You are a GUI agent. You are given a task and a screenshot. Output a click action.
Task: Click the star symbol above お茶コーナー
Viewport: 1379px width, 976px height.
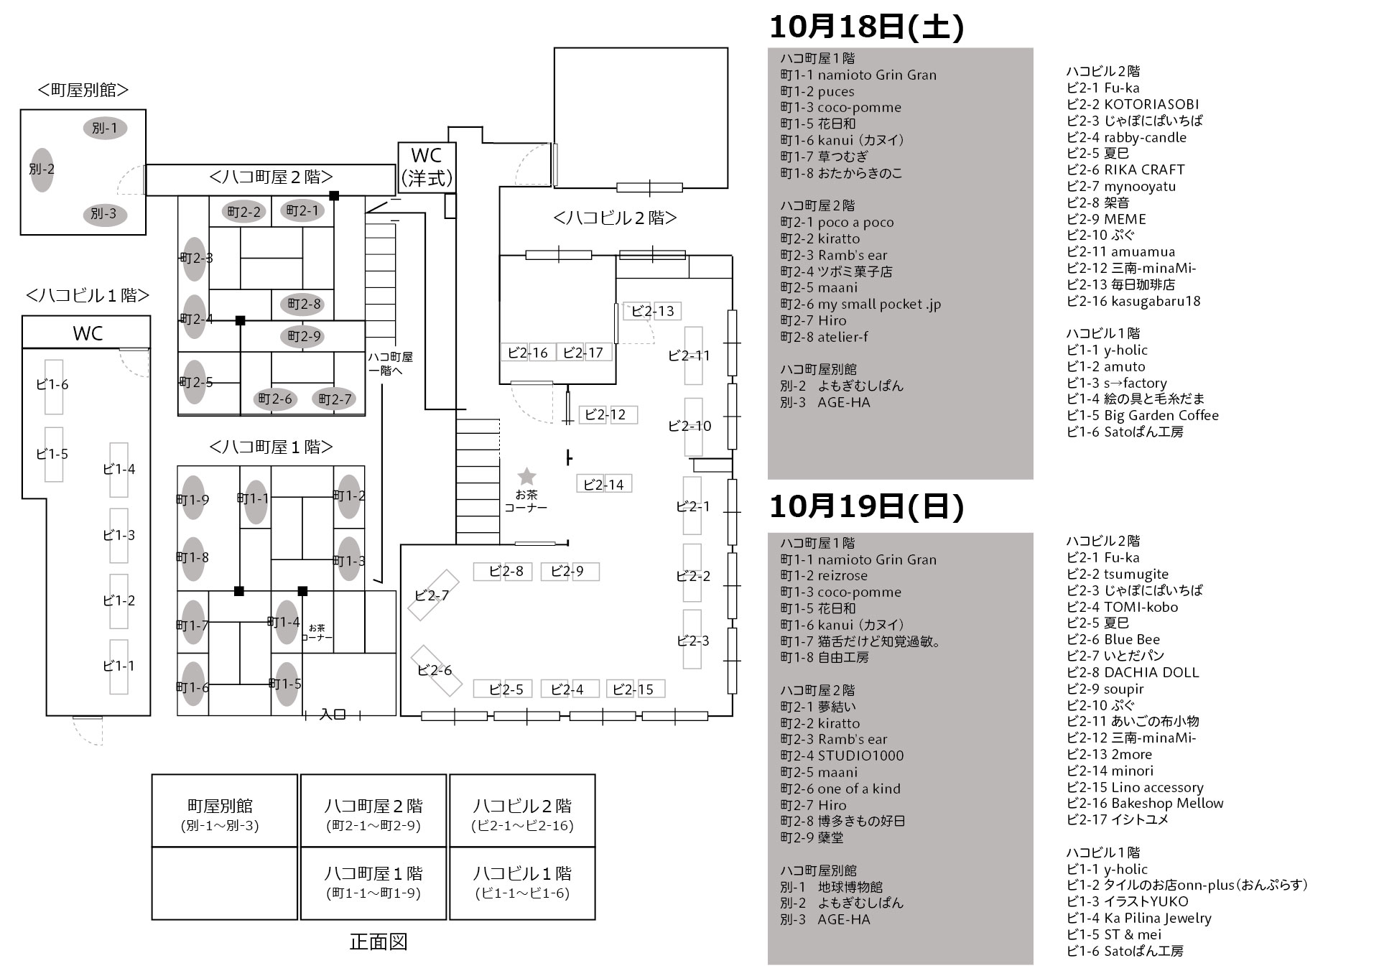point(526,475)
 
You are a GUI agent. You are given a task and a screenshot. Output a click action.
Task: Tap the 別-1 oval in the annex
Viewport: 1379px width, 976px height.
point(106,128)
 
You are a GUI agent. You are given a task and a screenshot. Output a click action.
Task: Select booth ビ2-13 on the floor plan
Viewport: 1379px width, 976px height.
point(652,311)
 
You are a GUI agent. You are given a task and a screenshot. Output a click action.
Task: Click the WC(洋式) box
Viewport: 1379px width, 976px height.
point(427,167)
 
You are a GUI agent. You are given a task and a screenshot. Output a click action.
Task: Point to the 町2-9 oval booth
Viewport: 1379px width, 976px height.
point(304,336)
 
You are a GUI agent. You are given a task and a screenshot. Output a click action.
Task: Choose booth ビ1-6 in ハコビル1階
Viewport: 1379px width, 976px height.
point(53,386)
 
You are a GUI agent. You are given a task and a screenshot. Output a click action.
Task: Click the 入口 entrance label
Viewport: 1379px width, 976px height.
point(333,715)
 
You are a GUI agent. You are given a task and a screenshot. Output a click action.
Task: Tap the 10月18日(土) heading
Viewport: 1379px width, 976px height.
point(867,27)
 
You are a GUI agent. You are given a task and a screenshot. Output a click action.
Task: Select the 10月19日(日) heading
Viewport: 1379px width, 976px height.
point(867,506)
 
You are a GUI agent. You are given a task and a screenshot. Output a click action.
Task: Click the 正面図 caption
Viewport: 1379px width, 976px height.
point(379,942)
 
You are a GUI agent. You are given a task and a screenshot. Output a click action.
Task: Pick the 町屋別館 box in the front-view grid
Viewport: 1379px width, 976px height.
point(224,811)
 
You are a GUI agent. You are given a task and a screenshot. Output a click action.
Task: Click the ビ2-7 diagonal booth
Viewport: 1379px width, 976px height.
point(433,595)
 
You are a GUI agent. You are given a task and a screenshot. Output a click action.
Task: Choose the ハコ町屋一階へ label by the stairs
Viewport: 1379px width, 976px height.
point(390,363)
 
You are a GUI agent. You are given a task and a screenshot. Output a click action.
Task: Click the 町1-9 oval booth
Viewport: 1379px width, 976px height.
point(193,498)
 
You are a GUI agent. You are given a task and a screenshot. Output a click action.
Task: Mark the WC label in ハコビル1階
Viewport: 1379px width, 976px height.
point(88,333)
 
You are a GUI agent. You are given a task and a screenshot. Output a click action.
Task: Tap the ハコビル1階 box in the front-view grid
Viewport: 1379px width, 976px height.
point(522,883)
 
